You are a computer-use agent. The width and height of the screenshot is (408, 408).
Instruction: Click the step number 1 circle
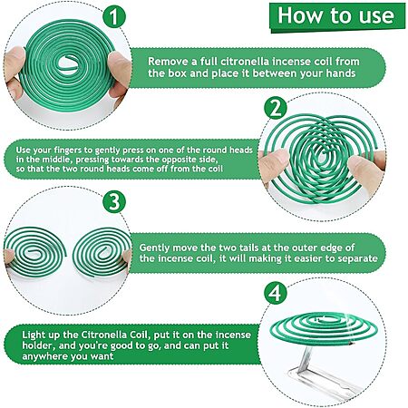(114, 17)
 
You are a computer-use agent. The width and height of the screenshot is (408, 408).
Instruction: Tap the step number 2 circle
(275, 109)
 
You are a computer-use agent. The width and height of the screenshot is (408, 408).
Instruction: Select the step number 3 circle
(114, 202)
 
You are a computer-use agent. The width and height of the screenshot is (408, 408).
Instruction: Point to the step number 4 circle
(275, 293)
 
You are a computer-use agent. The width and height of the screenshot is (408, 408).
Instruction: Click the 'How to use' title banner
(337, 16)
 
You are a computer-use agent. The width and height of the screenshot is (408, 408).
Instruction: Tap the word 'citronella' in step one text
(245, 62)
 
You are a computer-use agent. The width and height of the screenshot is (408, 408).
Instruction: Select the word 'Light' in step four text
(34, 335)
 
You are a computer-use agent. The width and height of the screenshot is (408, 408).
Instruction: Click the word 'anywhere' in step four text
(44, 356)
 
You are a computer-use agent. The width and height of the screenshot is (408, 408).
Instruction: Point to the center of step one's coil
(67, 63)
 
